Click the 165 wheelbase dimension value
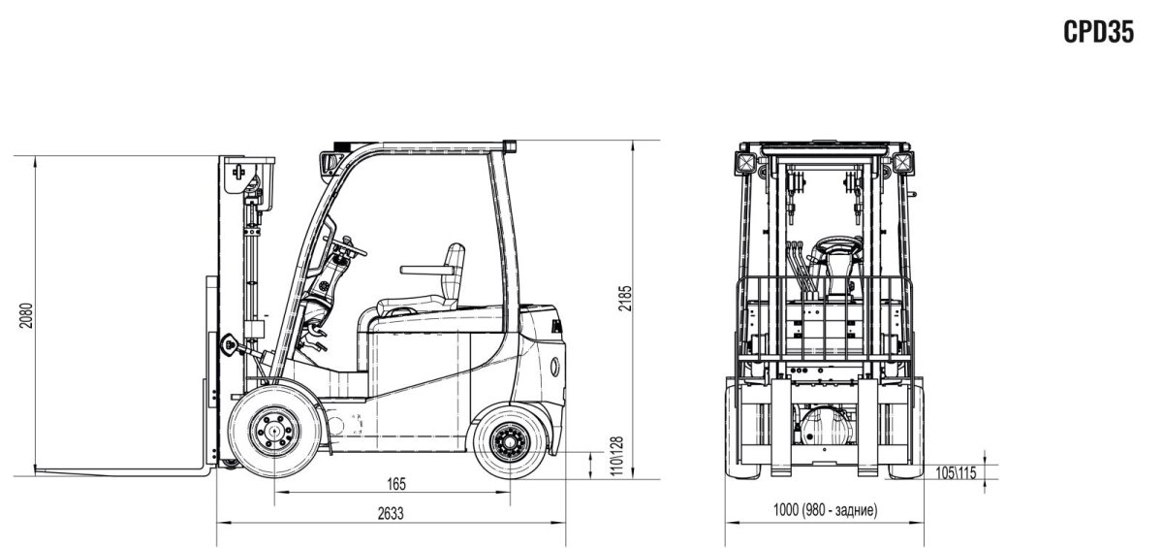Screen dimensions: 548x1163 point(393,483)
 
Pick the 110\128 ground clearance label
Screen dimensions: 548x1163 point(610,456)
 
